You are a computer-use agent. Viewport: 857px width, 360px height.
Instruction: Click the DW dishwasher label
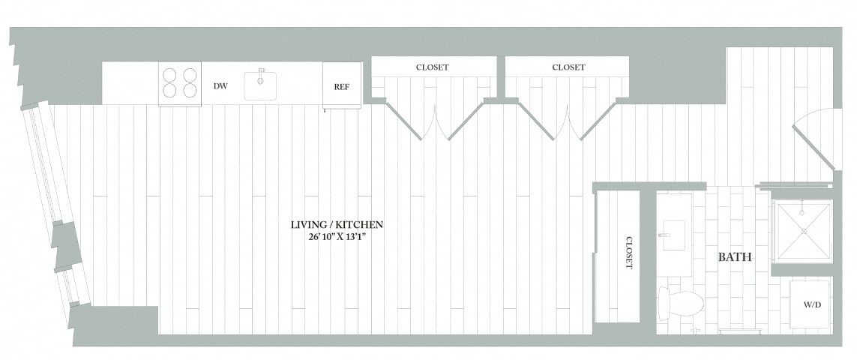(x=220, y=86)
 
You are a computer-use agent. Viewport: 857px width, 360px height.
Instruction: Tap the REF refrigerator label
(x=341, y=86)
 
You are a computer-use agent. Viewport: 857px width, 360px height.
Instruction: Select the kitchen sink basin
(x=260, y=86)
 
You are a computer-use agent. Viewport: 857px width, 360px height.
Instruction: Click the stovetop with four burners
(x=179, y=83)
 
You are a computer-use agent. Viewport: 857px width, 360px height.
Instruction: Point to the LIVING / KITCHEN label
(x=337, y=224)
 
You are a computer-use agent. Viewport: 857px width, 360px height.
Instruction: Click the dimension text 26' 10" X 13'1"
(x=337, y=237)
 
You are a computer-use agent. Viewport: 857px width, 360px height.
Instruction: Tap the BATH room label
(x=735, y=257)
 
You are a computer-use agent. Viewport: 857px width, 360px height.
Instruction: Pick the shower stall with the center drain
(x=802, y=231)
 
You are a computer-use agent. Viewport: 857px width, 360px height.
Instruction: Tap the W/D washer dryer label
(x=811, y=305)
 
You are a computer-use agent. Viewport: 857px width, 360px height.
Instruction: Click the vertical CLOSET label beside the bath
(x=628, y=253)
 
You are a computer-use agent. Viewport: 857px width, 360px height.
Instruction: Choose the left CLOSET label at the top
(x=432, y=67)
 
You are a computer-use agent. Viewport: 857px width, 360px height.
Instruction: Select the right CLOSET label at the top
(x=568, y=67)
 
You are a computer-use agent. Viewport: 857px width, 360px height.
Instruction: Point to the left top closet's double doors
(x=435, y=120)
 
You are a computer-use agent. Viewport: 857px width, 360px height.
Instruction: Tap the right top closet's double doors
(x=567, y=120)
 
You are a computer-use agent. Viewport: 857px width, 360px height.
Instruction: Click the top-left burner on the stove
(x=170, y=75)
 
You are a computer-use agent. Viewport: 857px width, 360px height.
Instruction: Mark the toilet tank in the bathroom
(x=663, y=304)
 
